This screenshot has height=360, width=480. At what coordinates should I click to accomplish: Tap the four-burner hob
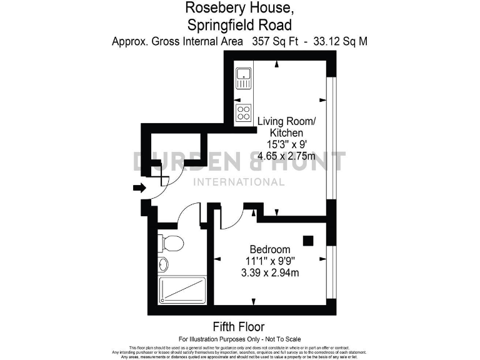(244, 113)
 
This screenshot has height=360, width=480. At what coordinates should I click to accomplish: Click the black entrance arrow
(139, 187)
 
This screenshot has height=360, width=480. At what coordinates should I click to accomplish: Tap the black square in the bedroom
(307, 240)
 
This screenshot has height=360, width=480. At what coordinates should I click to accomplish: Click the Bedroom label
(270, 248)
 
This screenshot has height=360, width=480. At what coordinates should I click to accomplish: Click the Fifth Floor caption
(239, 326)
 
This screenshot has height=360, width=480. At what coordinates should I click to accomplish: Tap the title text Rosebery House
(239, 9)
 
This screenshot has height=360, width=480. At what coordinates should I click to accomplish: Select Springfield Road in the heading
(239, 26)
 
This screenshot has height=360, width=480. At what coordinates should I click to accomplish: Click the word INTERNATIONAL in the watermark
(240, 182)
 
